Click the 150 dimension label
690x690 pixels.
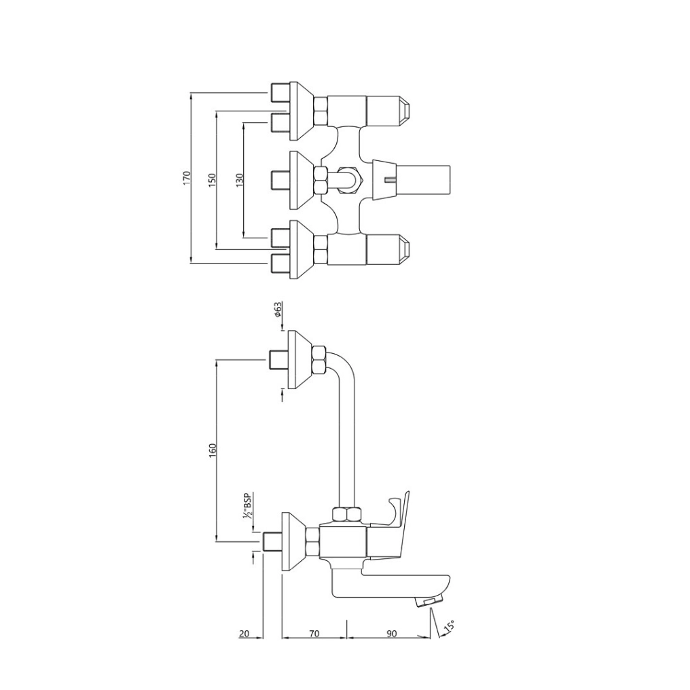[212, 179]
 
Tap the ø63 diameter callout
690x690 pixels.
[278, 310]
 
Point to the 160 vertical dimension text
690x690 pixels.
[212, 450]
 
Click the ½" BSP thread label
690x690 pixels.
[247, 507]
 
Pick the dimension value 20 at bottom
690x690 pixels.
[244, 634]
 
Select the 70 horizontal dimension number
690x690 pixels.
[314, 634]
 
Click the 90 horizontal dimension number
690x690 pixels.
[391, 634]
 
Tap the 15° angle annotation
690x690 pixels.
[450, 626]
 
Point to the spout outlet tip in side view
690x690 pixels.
[429, 601]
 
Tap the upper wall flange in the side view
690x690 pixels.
[297, 359]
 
